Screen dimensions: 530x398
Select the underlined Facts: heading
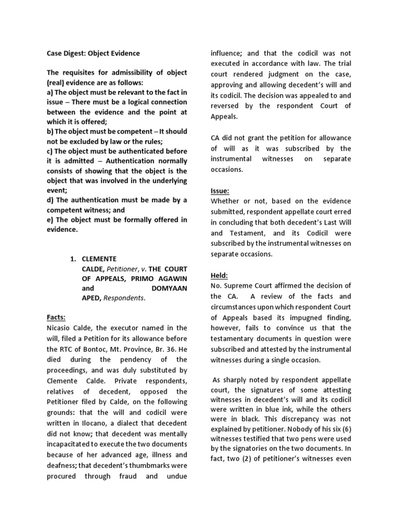(55, 317)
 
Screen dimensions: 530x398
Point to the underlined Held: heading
(219, 275)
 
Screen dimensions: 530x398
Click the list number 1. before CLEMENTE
(75, 258)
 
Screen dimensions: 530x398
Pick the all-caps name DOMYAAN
(170, 288)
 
